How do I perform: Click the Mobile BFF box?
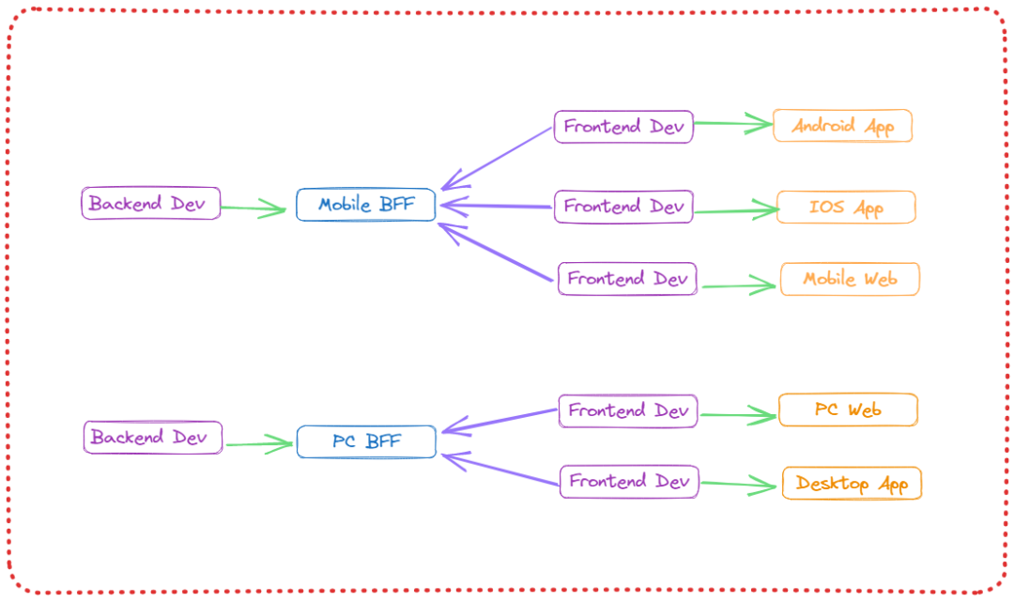366,205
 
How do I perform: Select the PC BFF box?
366,441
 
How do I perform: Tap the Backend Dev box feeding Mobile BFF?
151,203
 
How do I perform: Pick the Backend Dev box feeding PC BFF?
153,437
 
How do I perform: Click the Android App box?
842,126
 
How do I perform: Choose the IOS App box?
846,207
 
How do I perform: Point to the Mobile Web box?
850,279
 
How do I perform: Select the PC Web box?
848,409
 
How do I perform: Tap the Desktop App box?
852,484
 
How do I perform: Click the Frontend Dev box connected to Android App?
623,126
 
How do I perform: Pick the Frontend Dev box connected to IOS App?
623,206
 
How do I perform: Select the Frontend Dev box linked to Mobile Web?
627,279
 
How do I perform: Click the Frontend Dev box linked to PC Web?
628,410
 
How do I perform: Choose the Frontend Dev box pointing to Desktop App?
630,481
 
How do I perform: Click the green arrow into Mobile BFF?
255,208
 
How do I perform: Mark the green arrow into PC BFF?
260,443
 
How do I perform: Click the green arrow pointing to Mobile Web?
740,286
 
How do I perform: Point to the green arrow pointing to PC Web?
738,414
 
